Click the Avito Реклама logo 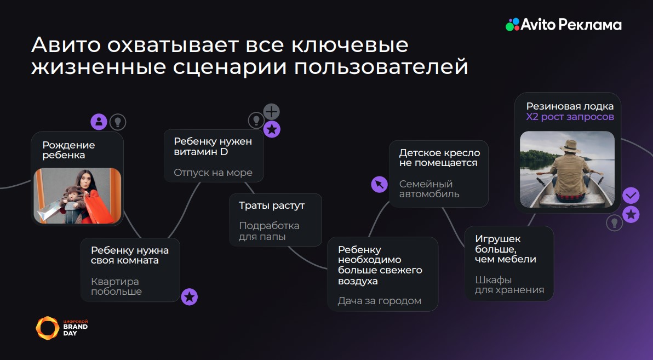(564, 25)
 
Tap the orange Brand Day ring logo (48, 328)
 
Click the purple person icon (99, 122)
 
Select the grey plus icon (272, 112)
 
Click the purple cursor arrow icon (380, 184)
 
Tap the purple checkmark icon (631, 195)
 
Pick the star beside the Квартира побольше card (190, 297)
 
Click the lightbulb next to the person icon (118, 122)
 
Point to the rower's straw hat (570, 146)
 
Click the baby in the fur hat (72, 202)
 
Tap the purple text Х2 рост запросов (570, 117)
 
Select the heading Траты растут (272, 205)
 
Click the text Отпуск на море (213, 173)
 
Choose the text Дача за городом (380, 301)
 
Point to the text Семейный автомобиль (429, 188)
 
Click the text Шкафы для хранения (509, 285)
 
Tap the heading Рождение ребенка (68, 150)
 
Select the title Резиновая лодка (570, 106)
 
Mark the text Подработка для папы (269, 231)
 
